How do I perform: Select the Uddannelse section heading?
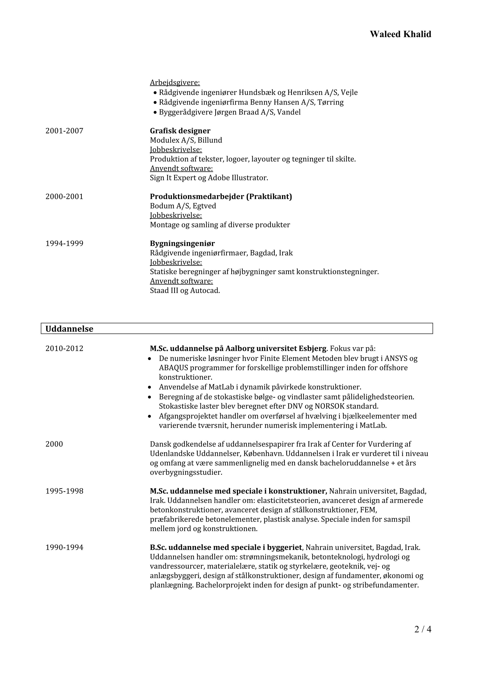pyautogui.click(x=69, y=329)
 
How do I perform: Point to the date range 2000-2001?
pyautogui.click(x=64, y=196)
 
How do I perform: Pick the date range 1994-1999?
pyautogui.click(x=64, y=243)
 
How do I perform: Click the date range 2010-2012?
pyautogui.click(x=64, y=348)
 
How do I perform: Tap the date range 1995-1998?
pyautogui.click(x=64, y=491)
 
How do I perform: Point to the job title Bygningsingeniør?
pyautogui.click(x=182, y=243)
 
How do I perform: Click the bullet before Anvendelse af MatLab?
pyautogui.click(x=150, y=387)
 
